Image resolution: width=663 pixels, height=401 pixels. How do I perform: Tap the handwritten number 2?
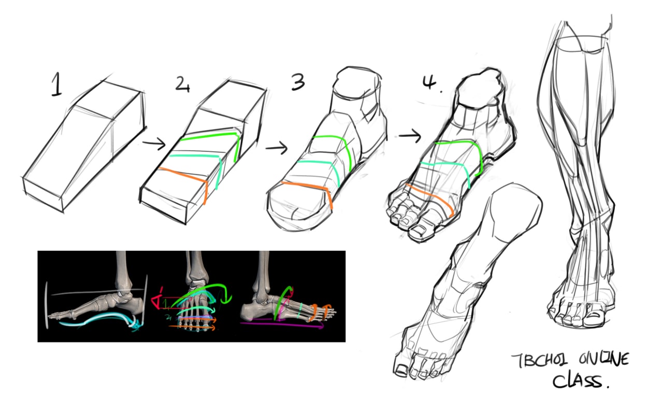click(182, 84)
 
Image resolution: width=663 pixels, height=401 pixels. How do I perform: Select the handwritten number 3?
click(298, 82)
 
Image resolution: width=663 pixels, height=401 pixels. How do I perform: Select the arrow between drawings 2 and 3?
click(277, 147)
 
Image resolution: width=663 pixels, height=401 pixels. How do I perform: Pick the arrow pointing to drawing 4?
click(410, 136)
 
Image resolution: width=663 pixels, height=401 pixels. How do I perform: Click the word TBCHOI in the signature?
click(539, 361)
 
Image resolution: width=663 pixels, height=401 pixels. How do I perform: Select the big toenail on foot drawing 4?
click(418, 230)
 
